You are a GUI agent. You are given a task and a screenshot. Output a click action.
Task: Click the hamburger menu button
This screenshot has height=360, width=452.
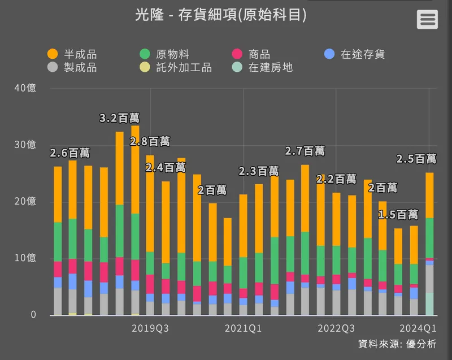(427, 19)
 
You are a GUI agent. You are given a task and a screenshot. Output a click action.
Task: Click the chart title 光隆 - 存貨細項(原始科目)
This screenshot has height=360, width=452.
(221, 15)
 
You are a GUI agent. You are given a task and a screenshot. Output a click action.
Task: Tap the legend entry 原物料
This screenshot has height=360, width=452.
(164, 54)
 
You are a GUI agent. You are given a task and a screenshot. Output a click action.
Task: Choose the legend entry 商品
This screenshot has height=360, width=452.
(252, 54)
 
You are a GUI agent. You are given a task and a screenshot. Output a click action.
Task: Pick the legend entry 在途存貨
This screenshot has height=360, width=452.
(355, 54)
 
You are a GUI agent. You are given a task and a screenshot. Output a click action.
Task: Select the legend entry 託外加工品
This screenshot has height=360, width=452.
(176, 68)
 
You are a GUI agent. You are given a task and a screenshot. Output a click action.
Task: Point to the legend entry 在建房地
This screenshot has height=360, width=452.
(263, 68)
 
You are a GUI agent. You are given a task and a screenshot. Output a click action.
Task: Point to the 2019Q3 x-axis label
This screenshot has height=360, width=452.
(150, 328)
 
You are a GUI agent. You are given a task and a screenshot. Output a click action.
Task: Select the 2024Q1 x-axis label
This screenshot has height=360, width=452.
(418, 328)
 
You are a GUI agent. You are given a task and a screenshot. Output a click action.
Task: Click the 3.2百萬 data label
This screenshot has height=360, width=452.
(119, 118)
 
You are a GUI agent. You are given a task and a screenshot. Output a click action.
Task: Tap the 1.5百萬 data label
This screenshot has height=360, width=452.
(398, 215)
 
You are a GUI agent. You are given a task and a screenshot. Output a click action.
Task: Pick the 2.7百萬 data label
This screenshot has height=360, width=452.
(305, 151)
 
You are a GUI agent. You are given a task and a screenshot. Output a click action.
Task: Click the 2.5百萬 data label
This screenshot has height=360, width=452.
(416, 159)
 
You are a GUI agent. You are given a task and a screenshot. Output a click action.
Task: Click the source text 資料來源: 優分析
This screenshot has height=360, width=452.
(397, 344)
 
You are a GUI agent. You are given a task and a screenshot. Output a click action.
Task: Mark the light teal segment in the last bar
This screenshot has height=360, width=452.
(429, 304)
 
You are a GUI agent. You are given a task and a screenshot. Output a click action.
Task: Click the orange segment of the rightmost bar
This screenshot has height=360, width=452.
(429, 195)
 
